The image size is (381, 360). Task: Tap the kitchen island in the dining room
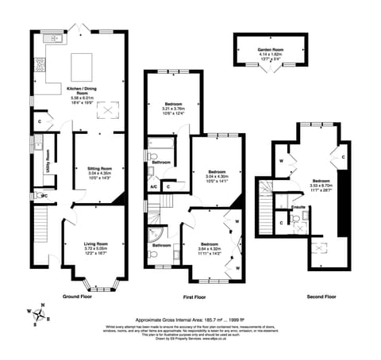(83, 63)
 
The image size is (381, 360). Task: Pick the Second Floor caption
(321, 297)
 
